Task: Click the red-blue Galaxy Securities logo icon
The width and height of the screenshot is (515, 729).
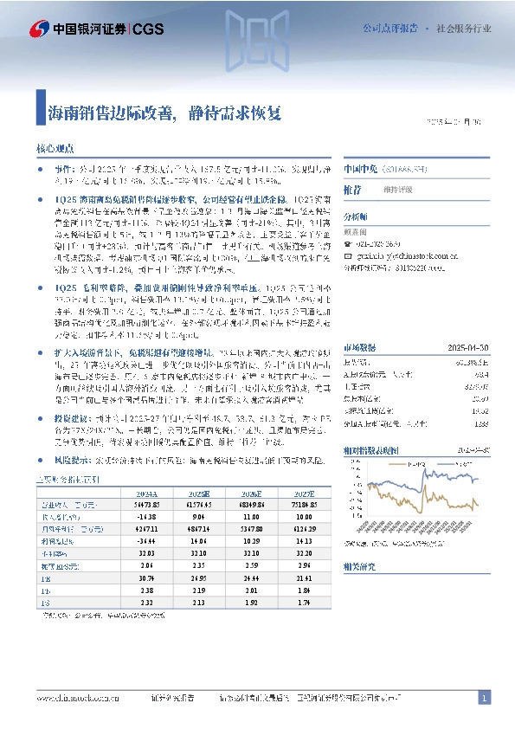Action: (38, 28)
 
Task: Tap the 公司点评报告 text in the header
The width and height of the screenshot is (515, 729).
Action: (388, 28)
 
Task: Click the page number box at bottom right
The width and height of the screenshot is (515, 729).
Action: (485, 698)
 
